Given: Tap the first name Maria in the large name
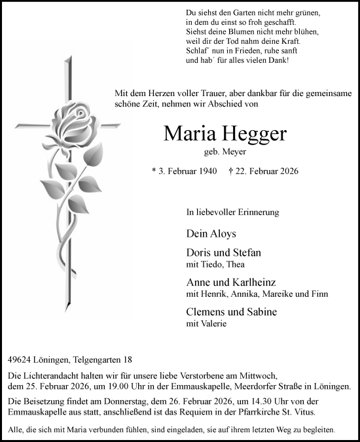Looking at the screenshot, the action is (188, 135).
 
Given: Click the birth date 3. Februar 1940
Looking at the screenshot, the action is (186, 172).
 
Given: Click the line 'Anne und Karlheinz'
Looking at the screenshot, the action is (230, 282).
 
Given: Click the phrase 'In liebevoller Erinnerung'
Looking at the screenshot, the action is (232, 212).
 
